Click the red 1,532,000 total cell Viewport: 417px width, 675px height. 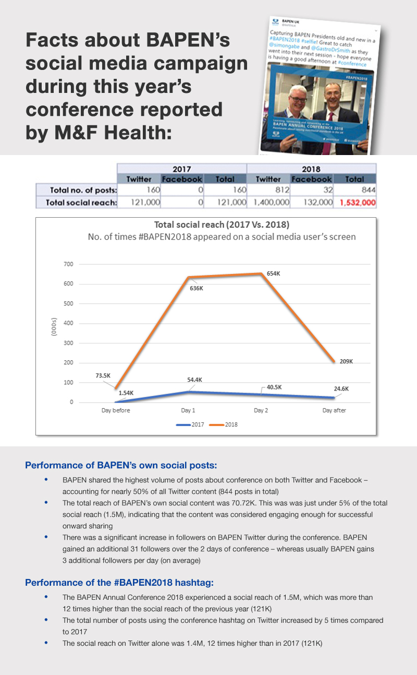click(358, 202)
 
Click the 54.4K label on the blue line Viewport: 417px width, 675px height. click(194, 380)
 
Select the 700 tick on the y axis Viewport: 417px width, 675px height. click(69, 264)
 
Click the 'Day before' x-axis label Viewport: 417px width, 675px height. click(116, 410)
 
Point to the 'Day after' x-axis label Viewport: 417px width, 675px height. click(334, 410)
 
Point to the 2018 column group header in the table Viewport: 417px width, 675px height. click(311, 169)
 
